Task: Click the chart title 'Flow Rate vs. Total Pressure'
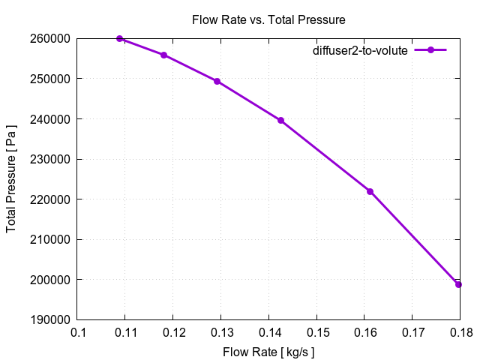[x=268, y=20]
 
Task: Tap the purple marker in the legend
[x=430, y=50]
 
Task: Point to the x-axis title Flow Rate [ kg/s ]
[x=268, y=351]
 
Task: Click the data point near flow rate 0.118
[x=163, y=55]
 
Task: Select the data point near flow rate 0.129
[x=217, y=81]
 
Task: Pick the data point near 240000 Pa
[x=280, y=120]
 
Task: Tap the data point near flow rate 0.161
[x=370, y=191]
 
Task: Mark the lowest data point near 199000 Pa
[x=458, y=284]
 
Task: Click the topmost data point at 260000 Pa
[x=119, y=38]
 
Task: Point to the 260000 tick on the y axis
[x=49, y=38]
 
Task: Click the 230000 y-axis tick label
[x=49, y=159]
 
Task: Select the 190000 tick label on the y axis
[x=49, y=320]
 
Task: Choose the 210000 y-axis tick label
[x=49, y=240]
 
